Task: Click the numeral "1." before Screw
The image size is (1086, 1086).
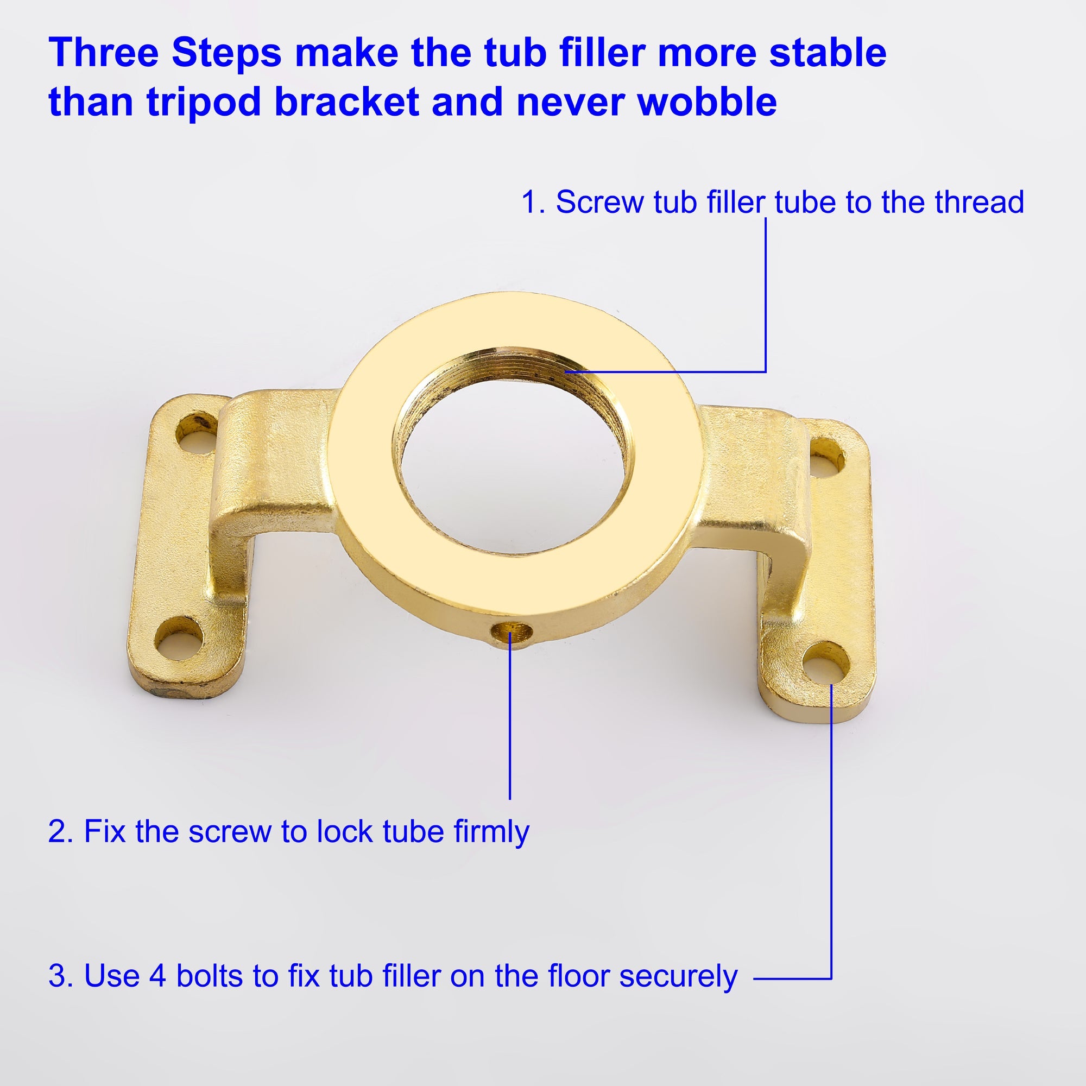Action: tap(533, 203)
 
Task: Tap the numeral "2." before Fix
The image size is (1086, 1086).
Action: tap(61, 831)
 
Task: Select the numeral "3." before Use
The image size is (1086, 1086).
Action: tap(61, 976)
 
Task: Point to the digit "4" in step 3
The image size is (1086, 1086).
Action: tap(157, 976)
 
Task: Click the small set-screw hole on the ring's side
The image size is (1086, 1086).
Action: tap(512, 633)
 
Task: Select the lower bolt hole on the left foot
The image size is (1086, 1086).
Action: tap(179, 640)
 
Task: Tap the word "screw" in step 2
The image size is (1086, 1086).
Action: tap(230, 831)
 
